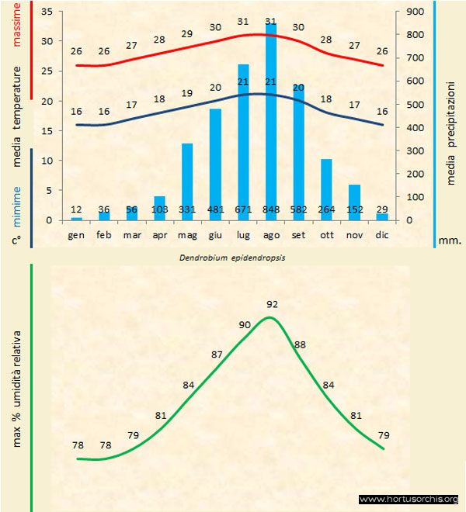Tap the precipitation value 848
[x=271, y=209]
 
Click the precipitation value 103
[x=159, y=209]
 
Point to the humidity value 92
[x=272, y=304]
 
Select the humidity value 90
[x=245, y=325]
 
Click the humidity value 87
[x=217, y=354]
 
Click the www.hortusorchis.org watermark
[x=409, y=499]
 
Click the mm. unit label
[x=450, y=240]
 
